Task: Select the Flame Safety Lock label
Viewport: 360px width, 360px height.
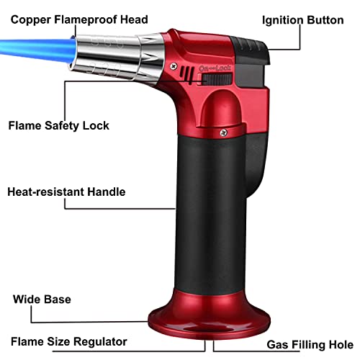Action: click(x=59, y=125)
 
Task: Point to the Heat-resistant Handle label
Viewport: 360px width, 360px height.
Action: click(x=66, y=192)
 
